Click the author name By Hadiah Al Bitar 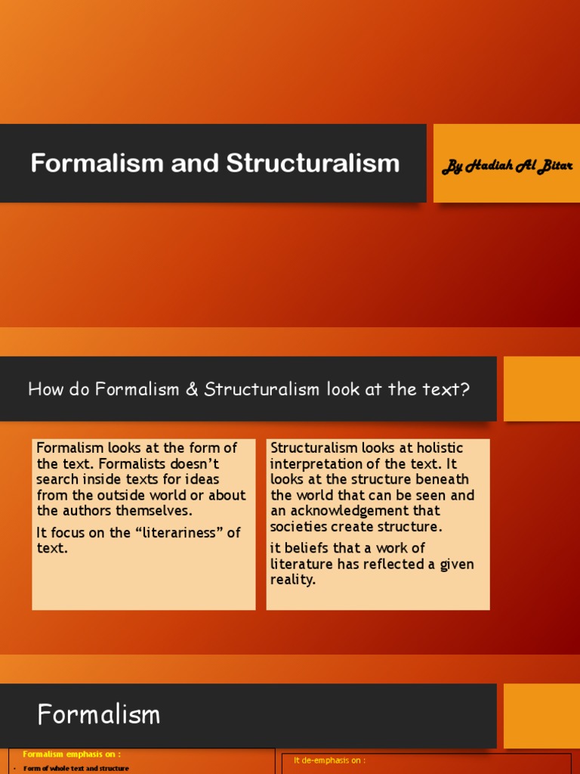click(505, 166)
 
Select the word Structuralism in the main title click(313, 163)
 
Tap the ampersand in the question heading click(194, 390)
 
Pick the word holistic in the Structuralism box click(436, 448)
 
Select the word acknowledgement click(350, 511)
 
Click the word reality click(292, 580)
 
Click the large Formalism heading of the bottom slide click(99, 714)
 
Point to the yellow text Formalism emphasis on click(72, 754)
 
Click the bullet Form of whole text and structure click(76, 769)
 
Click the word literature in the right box click(304, 564)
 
